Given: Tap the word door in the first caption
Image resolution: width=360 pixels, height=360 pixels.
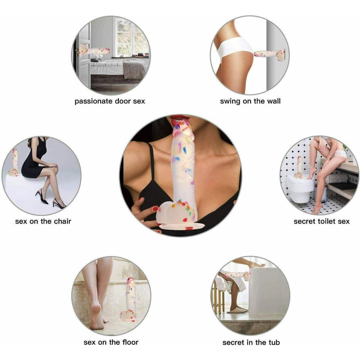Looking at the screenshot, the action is pos(122,101).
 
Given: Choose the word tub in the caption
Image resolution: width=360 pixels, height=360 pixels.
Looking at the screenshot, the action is pos(274,342).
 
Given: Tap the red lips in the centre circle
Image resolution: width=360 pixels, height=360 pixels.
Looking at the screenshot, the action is pos(179,118).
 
